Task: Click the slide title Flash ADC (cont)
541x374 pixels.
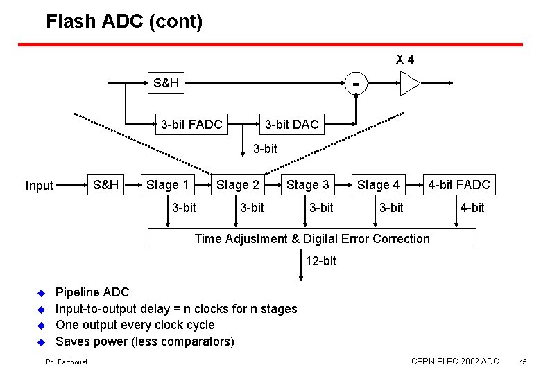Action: (124, 21)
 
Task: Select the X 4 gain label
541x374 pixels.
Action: (405, 60)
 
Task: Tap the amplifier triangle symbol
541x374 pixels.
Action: (409, 84)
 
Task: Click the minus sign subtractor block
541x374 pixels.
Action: (356, 84)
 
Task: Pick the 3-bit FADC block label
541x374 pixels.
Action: (191, 125)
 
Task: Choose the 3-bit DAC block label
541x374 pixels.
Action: (291, 125)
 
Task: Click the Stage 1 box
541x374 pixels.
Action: (167, 185)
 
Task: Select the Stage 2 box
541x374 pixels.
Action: (238, 185)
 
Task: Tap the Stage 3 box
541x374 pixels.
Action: (308, 185)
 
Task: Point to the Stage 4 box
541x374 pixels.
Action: (378, 185)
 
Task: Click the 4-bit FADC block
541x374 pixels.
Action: (458, 185)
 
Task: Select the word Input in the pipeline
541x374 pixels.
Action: (39, 186)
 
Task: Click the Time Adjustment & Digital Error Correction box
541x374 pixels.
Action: (312, 239)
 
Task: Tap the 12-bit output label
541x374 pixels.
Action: (320, 260)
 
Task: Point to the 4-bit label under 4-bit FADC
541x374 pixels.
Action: (472, 208)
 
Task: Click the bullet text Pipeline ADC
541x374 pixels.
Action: (92, 292)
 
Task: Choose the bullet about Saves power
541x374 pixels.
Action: (144, 341)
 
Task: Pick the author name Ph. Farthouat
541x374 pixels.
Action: (67, 362)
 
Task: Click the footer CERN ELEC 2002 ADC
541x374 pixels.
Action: (454, 362)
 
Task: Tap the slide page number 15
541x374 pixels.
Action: (523, 362)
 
